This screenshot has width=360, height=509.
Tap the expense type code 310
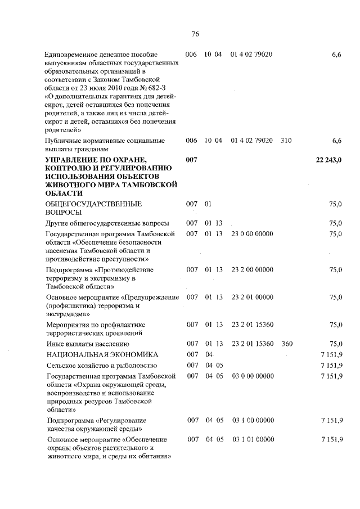pyautogui.click(x=286, y=140)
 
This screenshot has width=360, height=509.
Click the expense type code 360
pyautogui.click(x=286, y=344)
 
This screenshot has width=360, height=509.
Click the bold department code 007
pyautogui.click(x=192, y=161)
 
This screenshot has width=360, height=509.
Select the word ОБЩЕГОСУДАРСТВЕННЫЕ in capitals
pyautogui.click(x=93, y=204)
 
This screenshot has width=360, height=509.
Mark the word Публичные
pyautogui.click(x=64, y=140)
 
